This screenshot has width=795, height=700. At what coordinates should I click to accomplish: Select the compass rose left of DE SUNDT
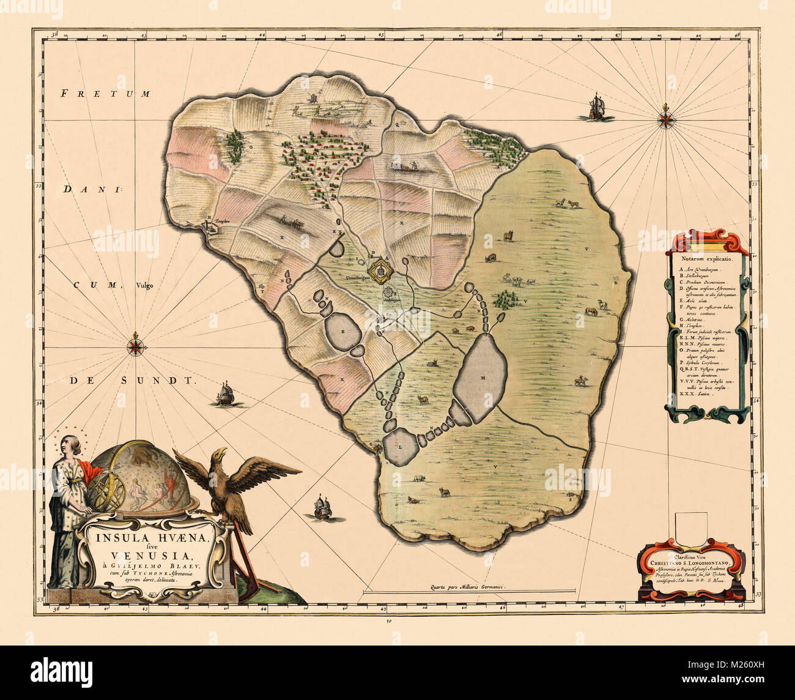click(136, 346)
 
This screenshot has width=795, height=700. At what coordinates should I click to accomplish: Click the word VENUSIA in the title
click(152, 556)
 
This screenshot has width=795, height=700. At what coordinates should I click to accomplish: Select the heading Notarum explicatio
click(706, 259)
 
